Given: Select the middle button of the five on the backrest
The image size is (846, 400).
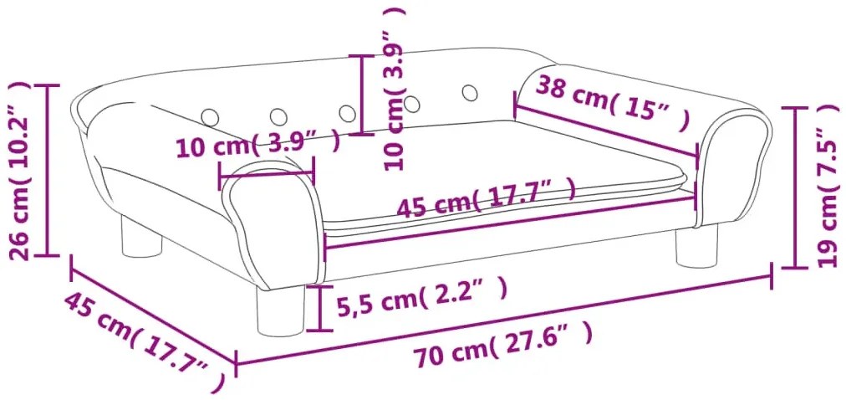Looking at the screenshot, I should click(x=345, y=110).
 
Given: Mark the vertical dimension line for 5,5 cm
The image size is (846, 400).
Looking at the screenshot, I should click(x=319, y=307).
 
